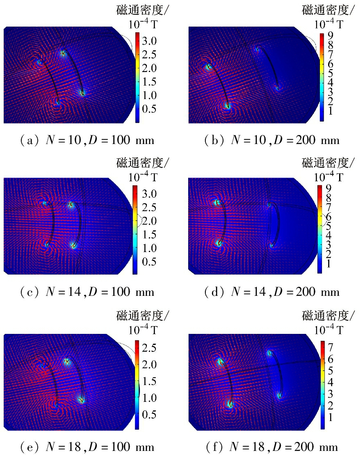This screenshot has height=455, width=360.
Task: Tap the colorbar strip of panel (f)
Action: [322, 385]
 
